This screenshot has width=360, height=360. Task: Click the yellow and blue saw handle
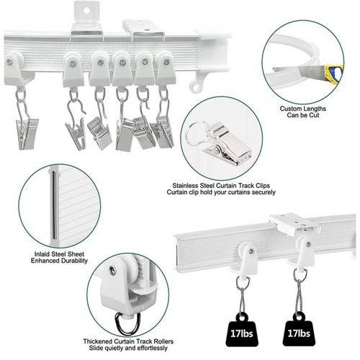(x=334, y=74)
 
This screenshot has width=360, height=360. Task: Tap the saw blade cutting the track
(x=311, y=72)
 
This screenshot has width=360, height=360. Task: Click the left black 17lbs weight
(x=242, y=329)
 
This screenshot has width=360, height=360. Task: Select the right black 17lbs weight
(x=299, y=329)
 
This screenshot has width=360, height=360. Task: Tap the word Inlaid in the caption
(x=42, y=254)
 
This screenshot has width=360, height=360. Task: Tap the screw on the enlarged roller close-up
(x=112, y=270)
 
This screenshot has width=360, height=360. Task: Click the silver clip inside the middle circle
(x=220, y=142)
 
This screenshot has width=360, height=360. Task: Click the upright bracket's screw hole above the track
(x=87, y=10)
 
